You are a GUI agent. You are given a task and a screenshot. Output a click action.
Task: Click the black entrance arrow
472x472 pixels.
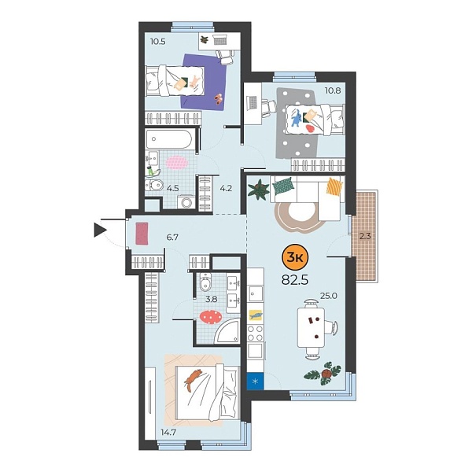pyautogui.click(x=100, y=230)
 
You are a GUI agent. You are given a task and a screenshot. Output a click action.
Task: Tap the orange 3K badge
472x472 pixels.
pyautogui.click(x=295, y=256)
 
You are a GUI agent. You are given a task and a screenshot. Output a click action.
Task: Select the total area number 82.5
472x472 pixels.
pyautogui.click(x=294, y=278)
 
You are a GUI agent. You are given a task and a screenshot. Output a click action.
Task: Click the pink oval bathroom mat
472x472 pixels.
pyautogui.click(x=176, y=162)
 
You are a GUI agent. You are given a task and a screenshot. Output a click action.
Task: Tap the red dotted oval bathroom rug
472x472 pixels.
pyautogui.click(x=211, y=316)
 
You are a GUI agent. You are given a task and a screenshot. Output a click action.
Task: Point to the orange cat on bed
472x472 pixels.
pyautogui.click(x=192, y=380)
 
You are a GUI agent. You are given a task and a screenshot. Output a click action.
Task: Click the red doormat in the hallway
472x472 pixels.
pyautogui.click(x=142, y=234)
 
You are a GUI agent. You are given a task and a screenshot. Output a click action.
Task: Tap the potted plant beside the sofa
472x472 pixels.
pyautogui.click(x=257, y=189)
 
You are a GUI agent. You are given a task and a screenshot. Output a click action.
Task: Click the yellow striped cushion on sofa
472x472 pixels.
pyautogui.click(x=335, y=187)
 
